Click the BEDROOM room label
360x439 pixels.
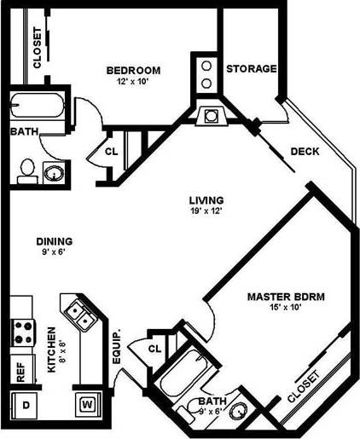133,71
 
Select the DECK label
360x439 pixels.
305,152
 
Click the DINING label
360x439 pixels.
54,241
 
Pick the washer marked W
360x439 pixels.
88,403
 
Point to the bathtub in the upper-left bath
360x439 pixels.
38,108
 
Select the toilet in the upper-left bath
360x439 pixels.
26,170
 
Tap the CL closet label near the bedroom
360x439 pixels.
111,152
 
